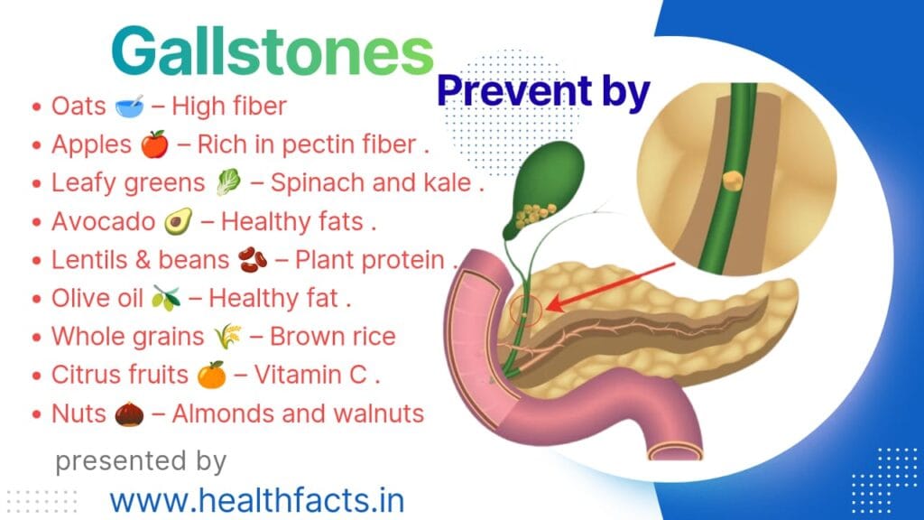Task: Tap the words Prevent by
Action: coord(543,93)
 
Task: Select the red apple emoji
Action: coord(154,144)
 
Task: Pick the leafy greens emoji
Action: coord(226,183)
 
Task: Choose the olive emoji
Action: coord(165,299)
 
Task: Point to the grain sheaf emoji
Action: coord(226,338)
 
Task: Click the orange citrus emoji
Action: coord(211,376)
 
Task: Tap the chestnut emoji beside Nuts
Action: coord(130,414)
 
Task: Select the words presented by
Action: coord(141,460)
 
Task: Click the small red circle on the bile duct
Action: coord(525,311)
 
